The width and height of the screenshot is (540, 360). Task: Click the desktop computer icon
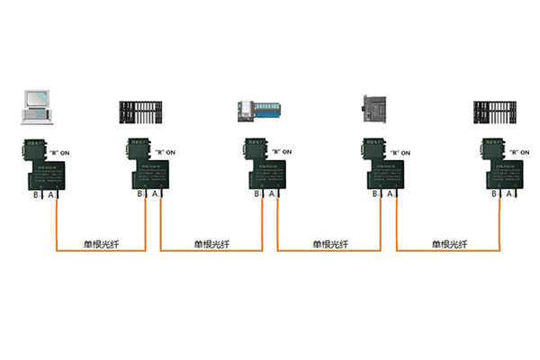pyautogui.click(x=39, y=107)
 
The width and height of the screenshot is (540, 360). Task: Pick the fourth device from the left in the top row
pyautogui.click(x=377, y=110)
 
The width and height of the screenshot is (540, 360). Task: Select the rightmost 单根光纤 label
pyautogui.click(x=449, y=243)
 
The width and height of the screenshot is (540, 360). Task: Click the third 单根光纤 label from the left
pyautogui.click(x=330, y=243)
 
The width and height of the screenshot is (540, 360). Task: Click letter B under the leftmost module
pyautogui.click(x=36, y=193)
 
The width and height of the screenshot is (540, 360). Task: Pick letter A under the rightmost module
pyautogui.click(x=509, y=193)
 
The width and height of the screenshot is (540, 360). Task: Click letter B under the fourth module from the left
pyautogui.click(x=374, y=193)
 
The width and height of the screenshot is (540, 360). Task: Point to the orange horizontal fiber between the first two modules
pyautogui.click(x=99, y=251)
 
